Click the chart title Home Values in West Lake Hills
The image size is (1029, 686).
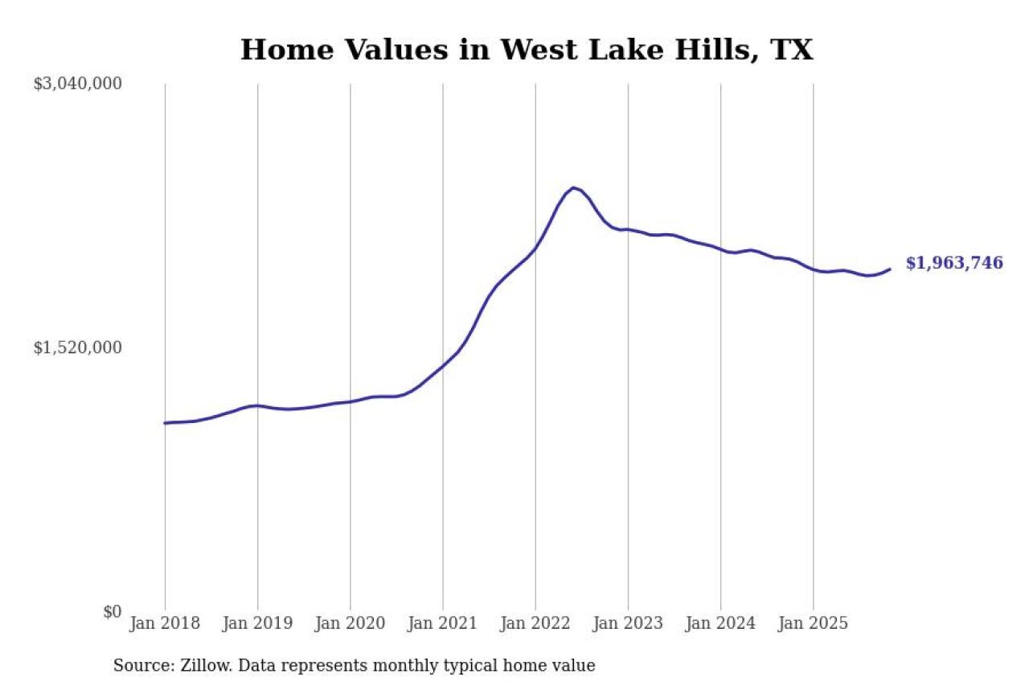(527, 50)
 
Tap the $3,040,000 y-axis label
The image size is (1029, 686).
(77, 84)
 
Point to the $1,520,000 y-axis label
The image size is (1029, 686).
(77, 347)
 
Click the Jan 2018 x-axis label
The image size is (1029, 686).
(165, 624)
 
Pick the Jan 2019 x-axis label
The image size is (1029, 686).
(257, 624)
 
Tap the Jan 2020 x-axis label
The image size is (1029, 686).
(350, 624)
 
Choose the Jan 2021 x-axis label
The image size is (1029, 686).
(442, 624)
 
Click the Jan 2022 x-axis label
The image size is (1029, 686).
(535, 624)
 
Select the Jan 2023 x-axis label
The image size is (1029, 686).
(628, 624)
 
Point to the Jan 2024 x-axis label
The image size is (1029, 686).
(720, 624)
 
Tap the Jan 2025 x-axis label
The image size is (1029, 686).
(813, 624)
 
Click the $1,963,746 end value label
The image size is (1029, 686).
(954, 263)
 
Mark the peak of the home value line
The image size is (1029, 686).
(572, 187)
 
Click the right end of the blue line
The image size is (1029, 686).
(890, 269)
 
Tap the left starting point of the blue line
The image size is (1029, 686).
(165, 423)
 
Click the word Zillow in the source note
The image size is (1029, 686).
(195, 666)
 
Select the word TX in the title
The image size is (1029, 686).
(791, 50)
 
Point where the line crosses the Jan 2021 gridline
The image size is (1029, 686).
(442, 365)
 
